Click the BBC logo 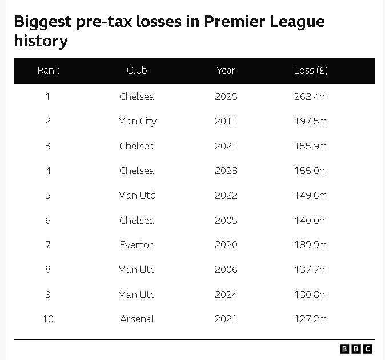pyautogui.click(x=356, y=349)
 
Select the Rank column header pyautogui.click(x=48, y=71)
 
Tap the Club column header pyautogui.click(x=137, y=71)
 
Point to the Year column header pyautogui.click(x=226, y=71)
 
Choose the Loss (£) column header pyautogui.click(x=310, y=71)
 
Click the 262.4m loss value pyautogui.click(x=310, y=96)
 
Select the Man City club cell pyautogui.click(x=137, y=121)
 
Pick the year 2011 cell pyautogui.click(x=226, y=121)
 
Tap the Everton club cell pyautogui.click(x=137, y=245)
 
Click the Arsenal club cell pyautogui.click(x=137, y=319)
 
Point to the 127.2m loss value pyautogui.click(x=310, y=319)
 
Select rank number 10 pyautogui.click(x=48, y=319)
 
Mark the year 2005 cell pyautogui.click(x=226, y=220)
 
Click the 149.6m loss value pyautogui.click(x=310, y=195)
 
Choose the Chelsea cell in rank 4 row pyautogui.click(x=137, y=171)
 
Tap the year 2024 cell pyautogui.click(x=226, y=294)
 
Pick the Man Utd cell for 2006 pyautogui.click(x=137, y=269)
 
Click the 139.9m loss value pyautogui.click(x=310, y=245)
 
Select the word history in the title pyautogui.click(x=41, y=41)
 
